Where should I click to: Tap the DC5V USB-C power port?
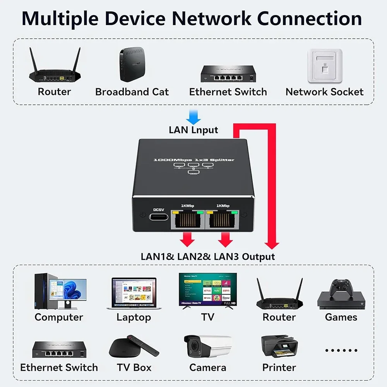click(159, 217)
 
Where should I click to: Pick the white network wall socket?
click(325, 66)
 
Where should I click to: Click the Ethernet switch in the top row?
click(228, 74)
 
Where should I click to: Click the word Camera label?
click(207, 367)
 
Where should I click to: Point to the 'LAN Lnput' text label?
click(193, 130)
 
